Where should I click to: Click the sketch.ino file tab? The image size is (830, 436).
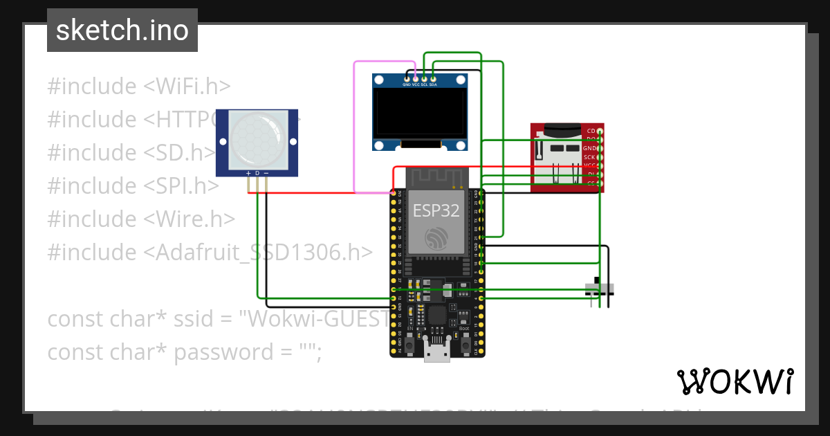122,30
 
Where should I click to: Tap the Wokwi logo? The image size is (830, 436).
735,381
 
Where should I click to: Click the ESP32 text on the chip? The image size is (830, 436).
436,210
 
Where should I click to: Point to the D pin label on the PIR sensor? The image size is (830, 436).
257,172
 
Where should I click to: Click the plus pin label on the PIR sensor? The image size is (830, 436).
248,172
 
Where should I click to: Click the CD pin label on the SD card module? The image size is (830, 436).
591,131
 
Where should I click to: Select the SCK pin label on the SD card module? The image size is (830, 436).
589,157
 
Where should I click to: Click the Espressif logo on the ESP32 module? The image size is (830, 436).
436,239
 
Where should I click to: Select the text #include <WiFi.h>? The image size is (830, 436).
138,87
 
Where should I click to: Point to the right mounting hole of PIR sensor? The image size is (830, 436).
293,141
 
